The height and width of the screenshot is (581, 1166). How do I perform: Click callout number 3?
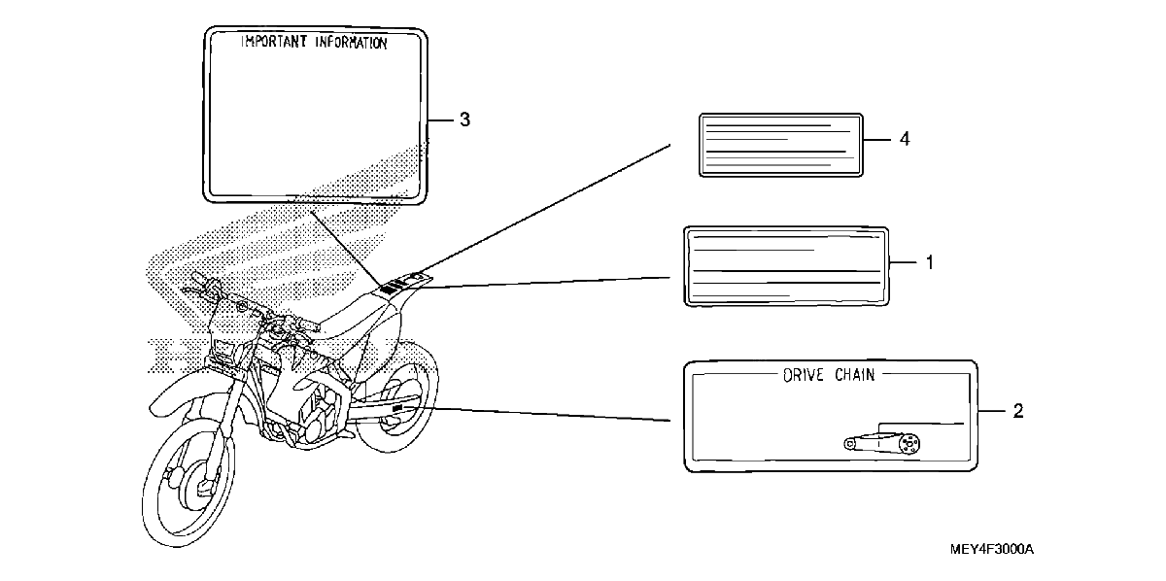click(464, 120)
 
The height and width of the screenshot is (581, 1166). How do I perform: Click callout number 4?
click(905, 139)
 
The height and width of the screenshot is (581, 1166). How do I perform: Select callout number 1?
click(930, 262)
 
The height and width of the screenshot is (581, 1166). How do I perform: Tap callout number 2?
click(1018, 411)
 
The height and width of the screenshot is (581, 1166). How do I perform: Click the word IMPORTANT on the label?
click(274, 42)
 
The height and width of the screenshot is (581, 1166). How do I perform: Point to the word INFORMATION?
click(351, 43)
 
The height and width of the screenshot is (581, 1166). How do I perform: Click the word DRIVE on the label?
click(804, 375)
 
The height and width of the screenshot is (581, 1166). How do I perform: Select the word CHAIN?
click(855, 375)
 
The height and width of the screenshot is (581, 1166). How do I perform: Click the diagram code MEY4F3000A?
click(992, 549)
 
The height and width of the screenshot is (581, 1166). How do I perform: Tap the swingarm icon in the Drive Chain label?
click(882, 442)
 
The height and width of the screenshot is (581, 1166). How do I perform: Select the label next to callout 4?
click(781, 146)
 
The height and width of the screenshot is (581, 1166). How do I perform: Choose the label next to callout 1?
click(786, 266)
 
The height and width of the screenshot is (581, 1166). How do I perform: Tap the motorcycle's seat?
click(354, 313)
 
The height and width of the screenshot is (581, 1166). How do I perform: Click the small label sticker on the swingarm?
click(398, 408)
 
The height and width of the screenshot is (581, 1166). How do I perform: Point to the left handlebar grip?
click(201, 281)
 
